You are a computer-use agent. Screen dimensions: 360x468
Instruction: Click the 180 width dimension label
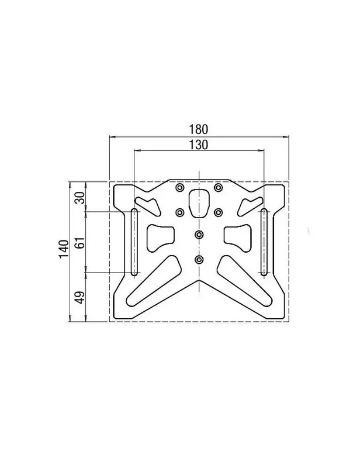198,129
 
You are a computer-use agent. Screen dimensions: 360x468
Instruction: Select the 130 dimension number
198,144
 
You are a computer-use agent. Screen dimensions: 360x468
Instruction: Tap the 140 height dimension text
64,249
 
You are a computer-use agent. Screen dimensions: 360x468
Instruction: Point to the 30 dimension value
79,198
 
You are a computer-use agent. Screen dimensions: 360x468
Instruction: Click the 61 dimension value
79,242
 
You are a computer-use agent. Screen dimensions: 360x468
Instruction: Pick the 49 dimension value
79,297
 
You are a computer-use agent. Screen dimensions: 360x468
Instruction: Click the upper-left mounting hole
179,188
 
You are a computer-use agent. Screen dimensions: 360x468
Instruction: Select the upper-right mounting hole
219,188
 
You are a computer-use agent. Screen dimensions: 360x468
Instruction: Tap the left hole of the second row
179,212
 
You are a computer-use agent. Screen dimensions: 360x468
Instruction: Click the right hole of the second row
219,212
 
